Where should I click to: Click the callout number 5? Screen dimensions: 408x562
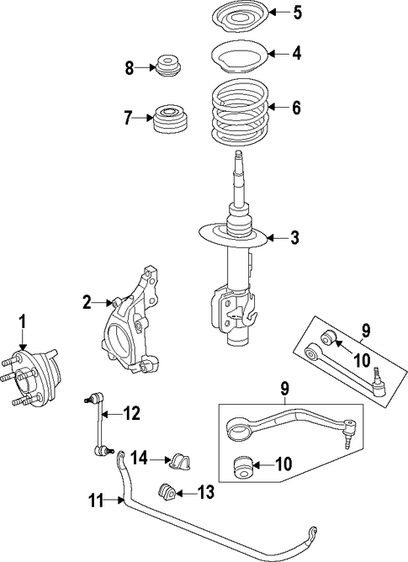pos(297,13)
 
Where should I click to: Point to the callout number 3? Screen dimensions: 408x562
pos(294,237)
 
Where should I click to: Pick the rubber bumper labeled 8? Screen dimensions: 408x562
pos(169,66)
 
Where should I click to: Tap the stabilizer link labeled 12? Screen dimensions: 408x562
pos(98,425)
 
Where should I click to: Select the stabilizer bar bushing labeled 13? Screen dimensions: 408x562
pos(166,491)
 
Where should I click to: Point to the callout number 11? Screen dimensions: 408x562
pos(96,501)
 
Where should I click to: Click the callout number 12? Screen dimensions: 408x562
pos(131,414)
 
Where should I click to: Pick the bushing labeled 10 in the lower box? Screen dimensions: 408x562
pos(244,466)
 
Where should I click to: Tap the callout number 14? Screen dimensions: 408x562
pos(139,458)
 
